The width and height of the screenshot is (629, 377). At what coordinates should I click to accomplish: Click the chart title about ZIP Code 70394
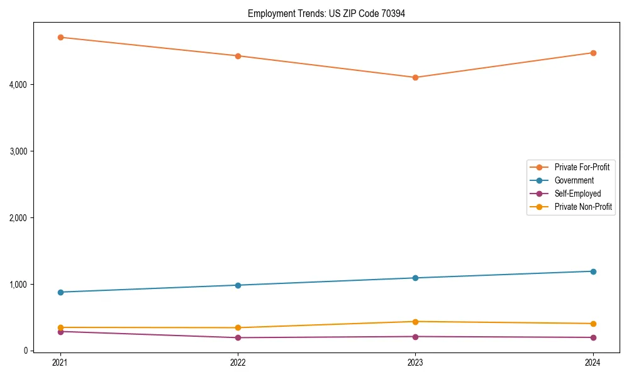point(326,13)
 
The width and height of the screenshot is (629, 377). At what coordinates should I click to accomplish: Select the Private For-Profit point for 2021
point(60,37)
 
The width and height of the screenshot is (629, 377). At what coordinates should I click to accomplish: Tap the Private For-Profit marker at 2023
point(415,77)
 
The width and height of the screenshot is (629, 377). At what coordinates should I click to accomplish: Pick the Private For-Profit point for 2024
point(593,53)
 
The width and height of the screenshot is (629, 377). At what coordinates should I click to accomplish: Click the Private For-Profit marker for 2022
point(238,56)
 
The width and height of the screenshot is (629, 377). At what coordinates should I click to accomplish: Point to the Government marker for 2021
point(60,292)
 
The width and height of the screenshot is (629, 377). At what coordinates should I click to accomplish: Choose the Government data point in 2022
point(238,285)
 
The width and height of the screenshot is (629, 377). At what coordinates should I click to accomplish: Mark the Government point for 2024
point(593,271)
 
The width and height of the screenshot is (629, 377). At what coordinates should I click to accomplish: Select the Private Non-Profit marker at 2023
point(415,322)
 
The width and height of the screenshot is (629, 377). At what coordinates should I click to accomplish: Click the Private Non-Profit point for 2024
point(593,324)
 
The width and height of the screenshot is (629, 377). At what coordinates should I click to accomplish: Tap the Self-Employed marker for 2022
point(238,337)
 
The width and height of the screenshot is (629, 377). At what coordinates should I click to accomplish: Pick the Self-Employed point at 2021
point(60,332)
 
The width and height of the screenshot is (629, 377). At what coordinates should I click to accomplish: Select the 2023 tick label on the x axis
point(415,362)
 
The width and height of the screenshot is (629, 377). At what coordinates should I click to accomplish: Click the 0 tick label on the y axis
point(25,351)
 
